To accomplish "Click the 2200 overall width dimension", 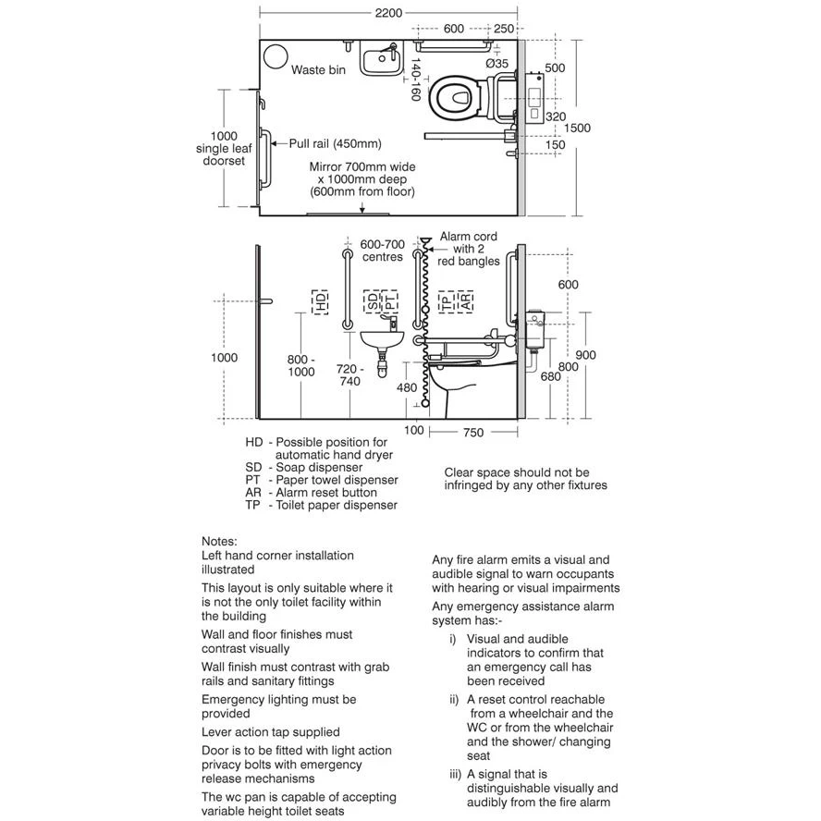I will click(x=388, y=13).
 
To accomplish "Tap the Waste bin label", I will click(x=319, y=70).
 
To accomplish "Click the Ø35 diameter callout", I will click(x=497, y=64).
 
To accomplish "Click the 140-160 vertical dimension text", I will click(x=415, y=80).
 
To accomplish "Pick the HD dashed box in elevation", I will click(x=320, y=301).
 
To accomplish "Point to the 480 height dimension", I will click(x=407, y=388).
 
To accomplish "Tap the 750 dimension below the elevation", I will click(x=473, y=432).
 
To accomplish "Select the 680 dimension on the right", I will click(x=551, y=376).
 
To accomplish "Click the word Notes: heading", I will click(x=220, y=541).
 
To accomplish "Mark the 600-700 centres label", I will click(x=382, y=251).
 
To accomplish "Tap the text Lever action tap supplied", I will click(x=271, y=731).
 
